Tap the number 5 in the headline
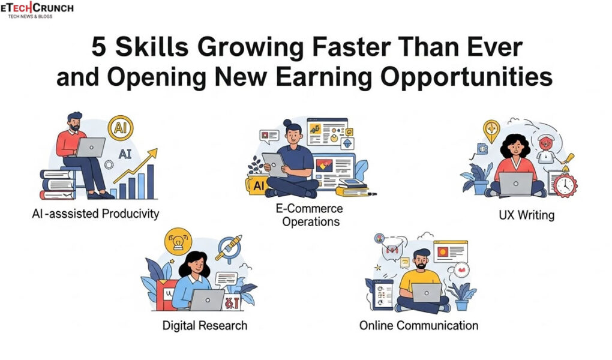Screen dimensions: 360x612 tap(100, 49)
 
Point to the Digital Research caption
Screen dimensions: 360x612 tap(205, 326)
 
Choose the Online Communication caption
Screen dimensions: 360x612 tap(418, 326)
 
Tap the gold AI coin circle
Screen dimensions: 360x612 tap(120, 128)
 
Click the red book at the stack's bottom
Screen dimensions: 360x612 tap(57, 194)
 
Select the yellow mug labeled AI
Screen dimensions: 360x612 tap(257, 185)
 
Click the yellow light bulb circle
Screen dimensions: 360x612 tap(177, 242)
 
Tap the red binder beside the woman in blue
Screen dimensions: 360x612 tap(167, 295)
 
